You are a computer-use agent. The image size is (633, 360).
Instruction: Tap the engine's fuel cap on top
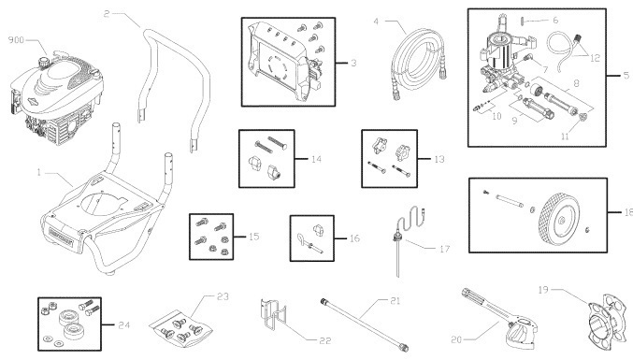point(43,63)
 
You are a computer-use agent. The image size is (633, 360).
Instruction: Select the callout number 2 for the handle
point(108,13)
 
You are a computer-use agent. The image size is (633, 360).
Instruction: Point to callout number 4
point(375,21)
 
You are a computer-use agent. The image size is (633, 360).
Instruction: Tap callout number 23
point(222,295)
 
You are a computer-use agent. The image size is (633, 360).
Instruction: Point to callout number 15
point(253,237)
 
